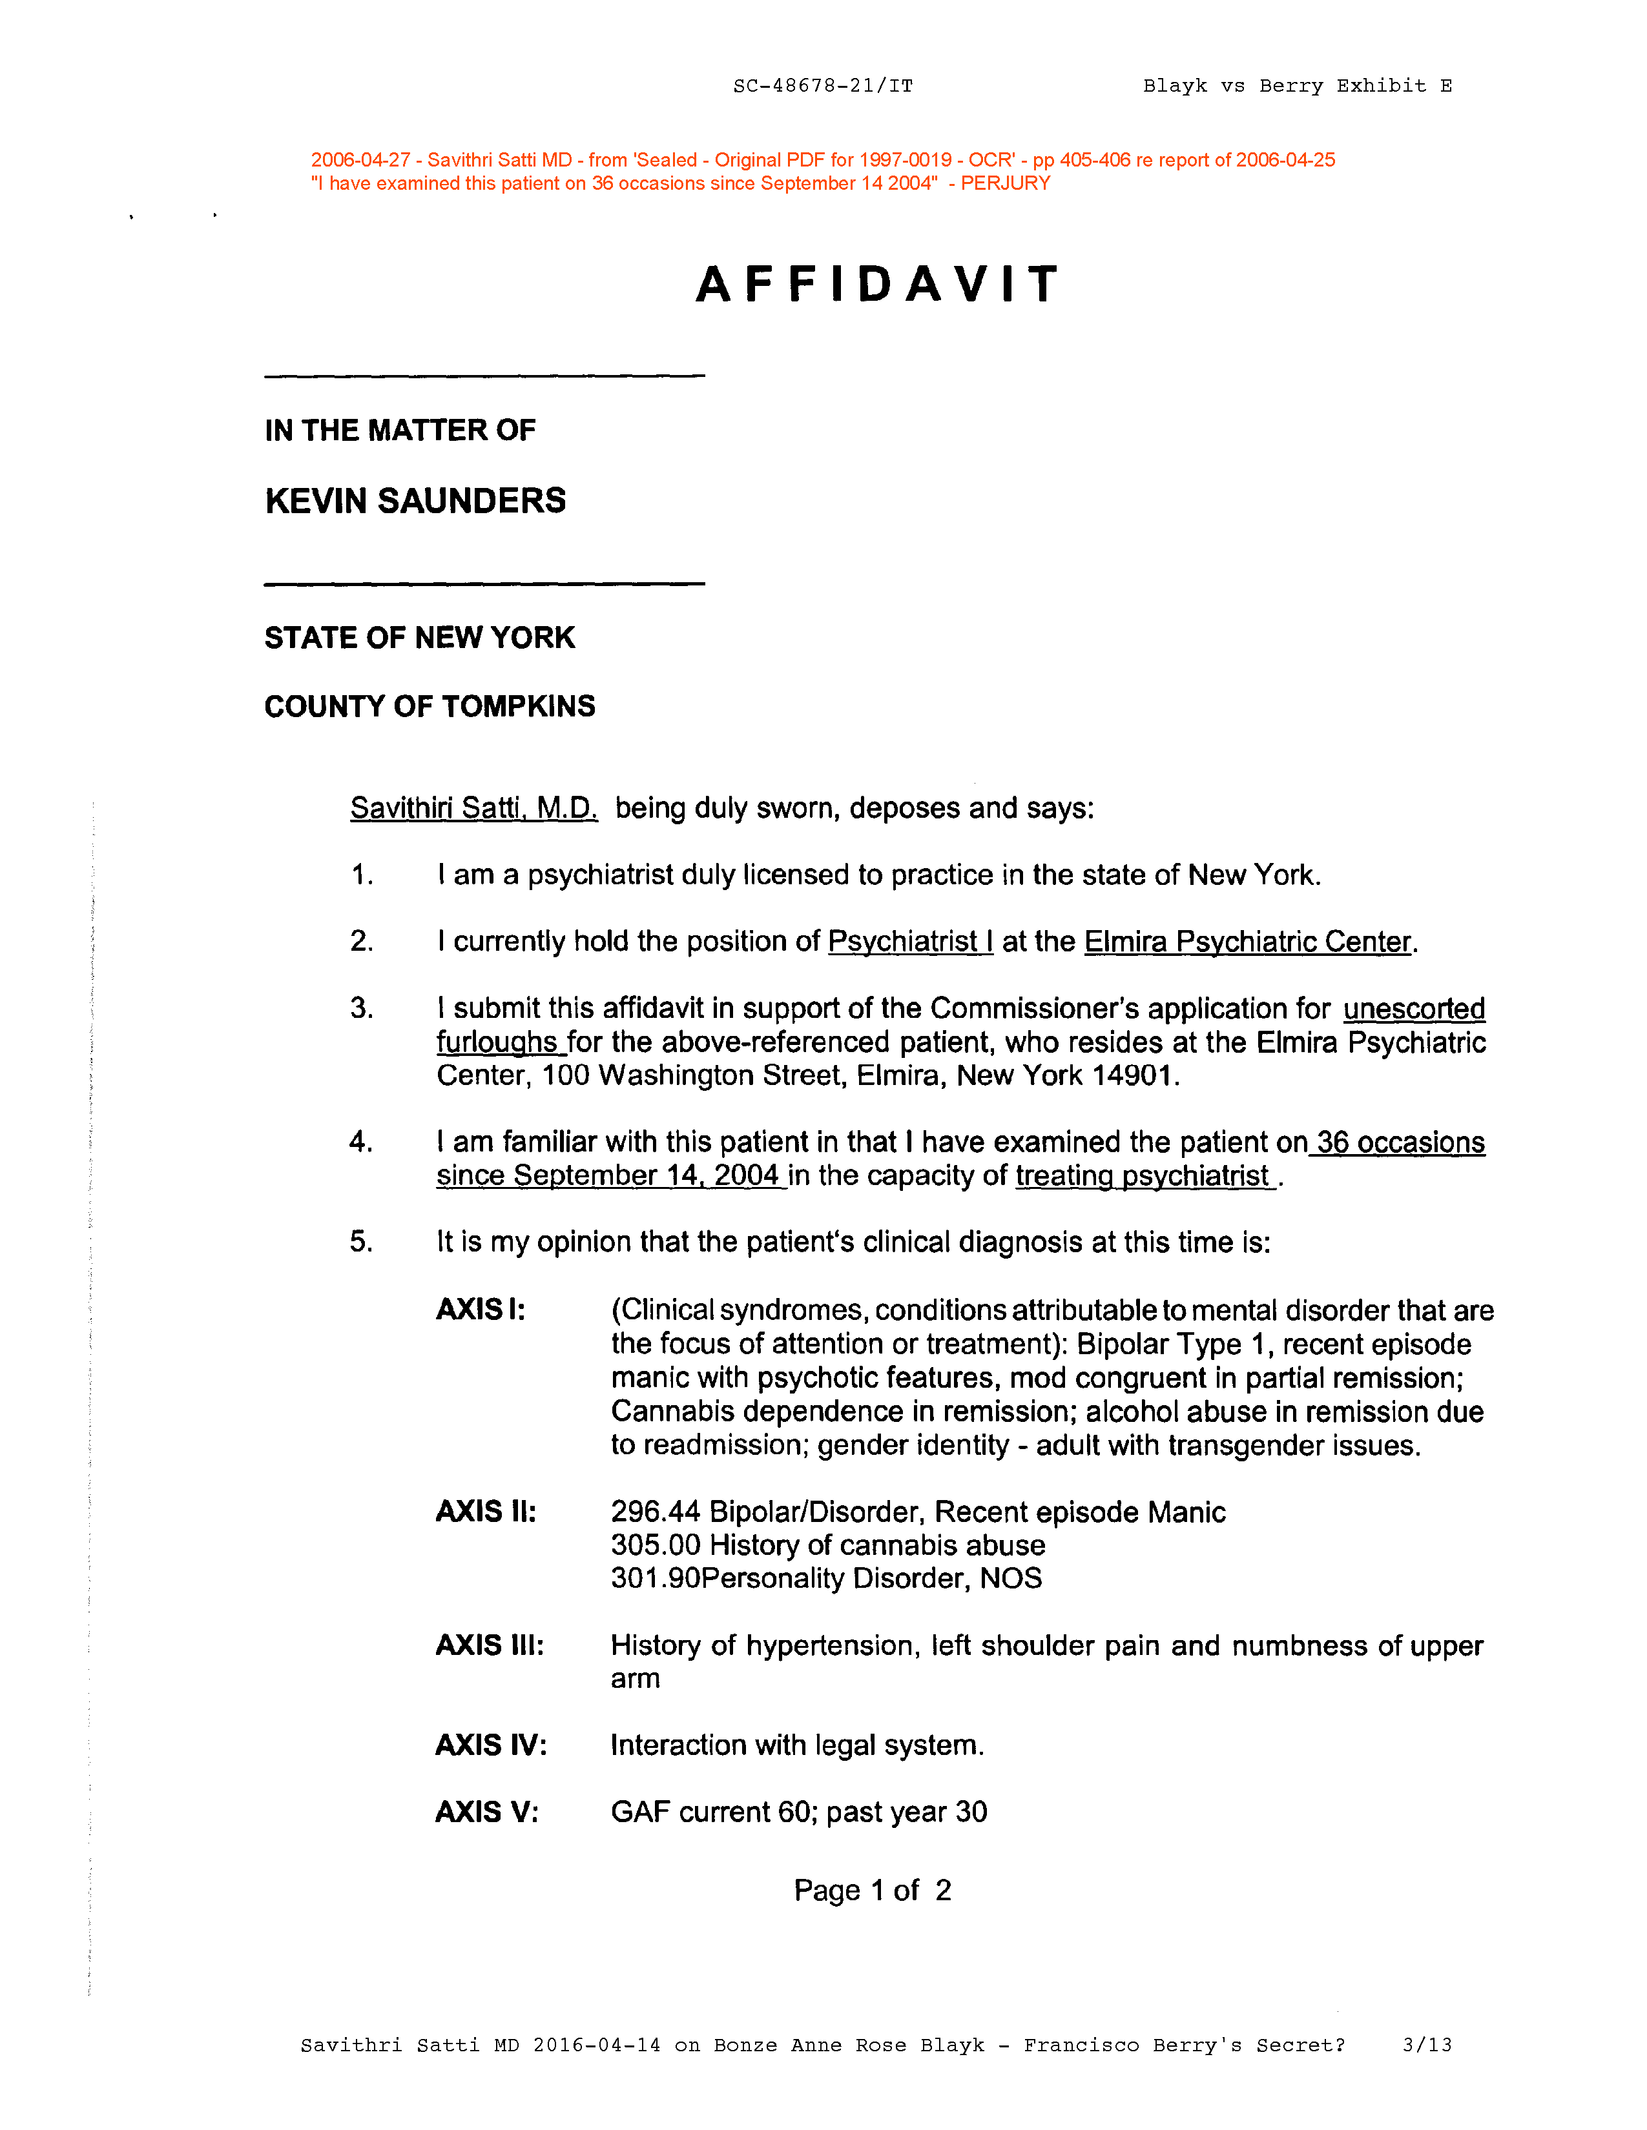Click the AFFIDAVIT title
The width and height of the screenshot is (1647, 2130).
(x=876, y=285)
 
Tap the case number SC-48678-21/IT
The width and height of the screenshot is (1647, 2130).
(x=822, y=86)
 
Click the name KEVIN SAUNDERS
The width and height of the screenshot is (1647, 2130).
(x=415, y=502)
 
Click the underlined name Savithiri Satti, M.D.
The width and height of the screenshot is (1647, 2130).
(x=473, y=809)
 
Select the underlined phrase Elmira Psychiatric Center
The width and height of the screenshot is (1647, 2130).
(x=1248, y=942)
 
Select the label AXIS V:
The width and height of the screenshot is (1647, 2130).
(x=486, y=1812)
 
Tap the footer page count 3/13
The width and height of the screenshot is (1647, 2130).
(x=1427, y=2046)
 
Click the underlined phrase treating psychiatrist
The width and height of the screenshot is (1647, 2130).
(x=1143, y=1176)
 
